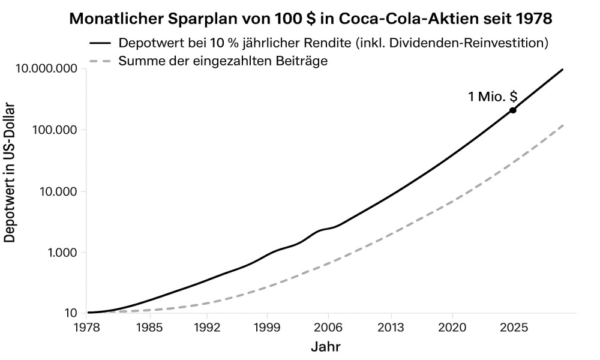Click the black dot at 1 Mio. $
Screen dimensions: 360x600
tap(513, 110)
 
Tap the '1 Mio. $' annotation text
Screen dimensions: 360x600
tap(493, 97)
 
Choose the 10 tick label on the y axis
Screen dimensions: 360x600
tap(71, 313)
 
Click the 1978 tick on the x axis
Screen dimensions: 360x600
tap(88, 328)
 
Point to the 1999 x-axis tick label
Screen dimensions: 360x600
tap(268, 328)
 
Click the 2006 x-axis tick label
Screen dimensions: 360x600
tap(329, 328)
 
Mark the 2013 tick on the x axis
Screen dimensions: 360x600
tap(391, 328)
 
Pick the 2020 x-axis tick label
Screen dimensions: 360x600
tap(452, 328)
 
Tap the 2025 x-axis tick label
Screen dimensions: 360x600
tap(513, 328)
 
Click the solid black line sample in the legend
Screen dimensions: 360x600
tap(100, 44)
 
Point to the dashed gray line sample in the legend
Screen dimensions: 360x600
tap(100, 61)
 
